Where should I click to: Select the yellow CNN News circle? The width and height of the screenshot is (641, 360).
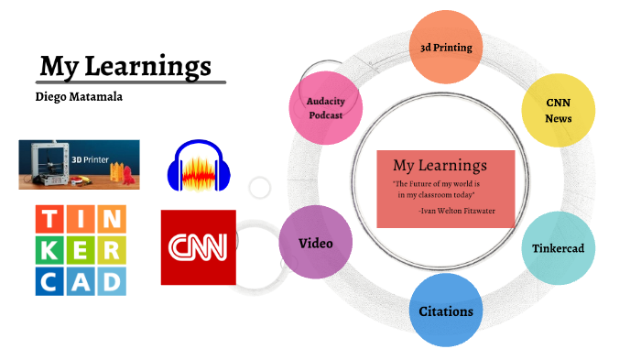558,111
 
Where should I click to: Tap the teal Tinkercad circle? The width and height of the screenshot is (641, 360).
558,248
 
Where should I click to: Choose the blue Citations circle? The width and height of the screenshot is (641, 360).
446,311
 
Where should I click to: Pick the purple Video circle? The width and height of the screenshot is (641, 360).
315,244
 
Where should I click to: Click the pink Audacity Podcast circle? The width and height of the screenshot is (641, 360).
325,108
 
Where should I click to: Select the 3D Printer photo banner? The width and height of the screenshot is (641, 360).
79,164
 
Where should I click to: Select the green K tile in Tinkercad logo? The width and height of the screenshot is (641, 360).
50,250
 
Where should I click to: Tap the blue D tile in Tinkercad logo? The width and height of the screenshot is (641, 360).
111,279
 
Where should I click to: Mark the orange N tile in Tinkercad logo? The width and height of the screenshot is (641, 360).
111,220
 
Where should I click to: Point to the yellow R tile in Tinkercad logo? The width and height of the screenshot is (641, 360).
111,250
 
